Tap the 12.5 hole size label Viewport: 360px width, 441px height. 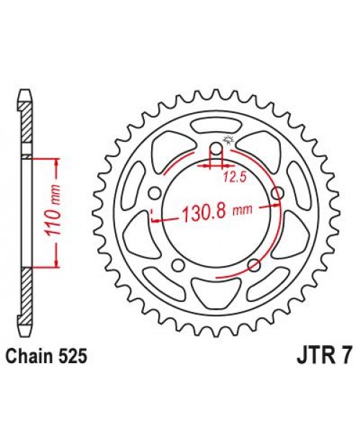point(231,175)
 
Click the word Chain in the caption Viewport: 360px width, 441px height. point(32,357)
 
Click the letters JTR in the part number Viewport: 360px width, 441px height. point(312,357)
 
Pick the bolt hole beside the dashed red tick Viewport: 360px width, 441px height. point(155,195)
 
